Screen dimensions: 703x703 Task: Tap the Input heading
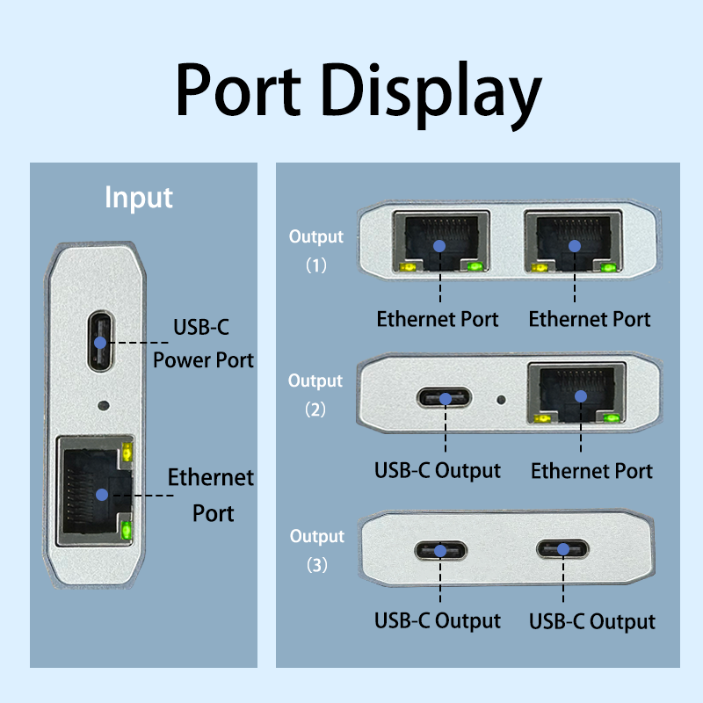click(x=139, y=197)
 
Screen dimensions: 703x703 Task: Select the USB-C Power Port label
click(x=203, y=344)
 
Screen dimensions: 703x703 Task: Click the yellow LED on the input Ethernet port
click(x=127, y=453)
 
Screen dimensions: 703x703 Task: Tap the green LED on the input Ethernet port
click(x=127, y=530)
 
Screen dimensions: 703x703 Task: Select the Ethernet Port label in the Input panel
click(x=211, y=495)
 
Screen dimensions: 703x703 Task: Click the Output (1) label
click(x=316, y=250)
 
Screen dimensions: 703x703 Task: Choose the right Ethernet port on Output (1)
click(x=573, y=243)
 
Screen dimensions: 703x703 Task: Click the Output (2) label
click(x=315, y=395)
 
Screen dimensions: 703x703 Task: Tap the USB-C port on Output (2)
click(x=445, y=398)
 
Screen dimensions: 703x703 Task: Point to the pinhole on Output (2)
click(x=501, y=399)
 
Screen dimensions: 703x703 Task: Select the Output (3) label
click(x=316, y=550)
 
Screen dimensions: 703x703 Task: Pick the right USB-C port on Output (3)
click(x=563, y=550)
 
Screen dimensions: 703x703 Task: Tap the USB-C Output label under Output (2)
click(x=438, y=470)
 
